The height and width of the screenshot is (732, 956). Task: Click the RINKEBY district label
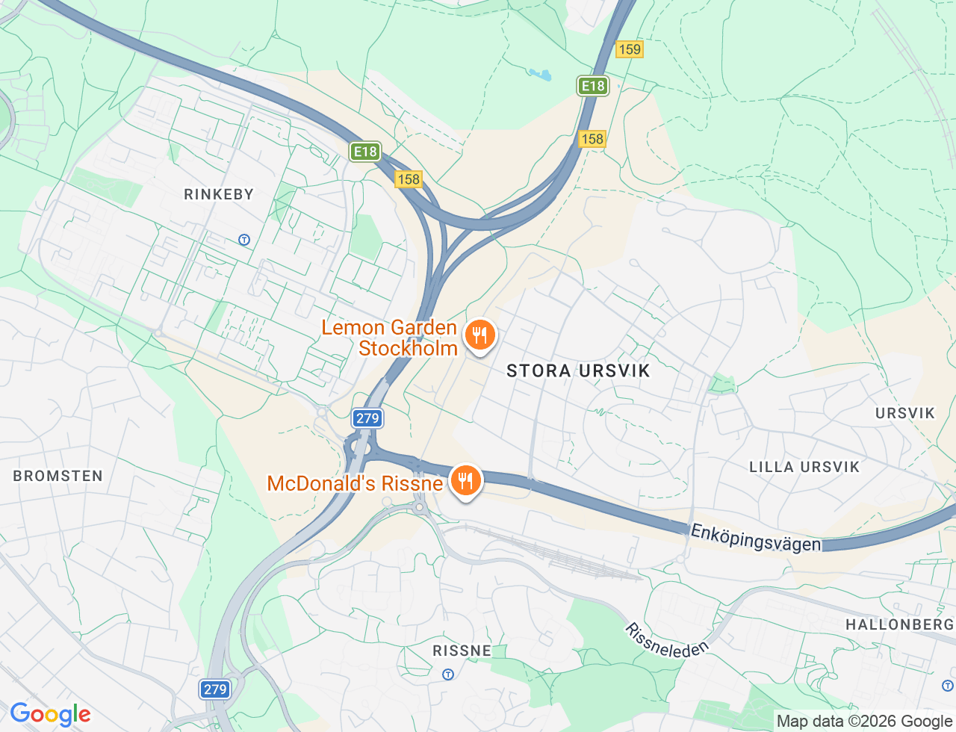[x=219, y=194]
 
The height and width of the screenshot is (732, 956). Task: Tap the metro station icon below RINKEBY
[x=243, y=240]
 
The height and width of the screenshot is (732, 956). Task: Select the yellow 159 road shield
[x=630, y=49]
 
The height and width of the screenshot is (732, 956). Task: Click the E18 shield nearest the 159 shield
[x=593, y=86]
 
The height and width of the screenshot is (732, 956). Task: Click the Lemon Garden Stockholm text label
[x=389, y=338]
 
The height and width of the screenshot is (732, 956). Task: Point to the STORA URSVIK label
[x=578, y=370]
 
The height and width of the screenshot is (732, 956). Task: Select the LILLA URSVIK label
[x=804, y=467]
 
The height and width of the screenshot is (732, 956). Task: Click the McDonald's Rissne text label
[x=355, y=483]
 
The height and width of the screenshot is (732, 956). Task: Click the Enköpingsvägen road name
[x=755, y=537]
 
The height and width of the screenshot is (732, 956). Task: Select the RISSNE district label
[x=462, y=651]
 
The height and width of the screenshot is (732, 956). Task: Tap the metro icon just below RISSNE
[x=448, y=674]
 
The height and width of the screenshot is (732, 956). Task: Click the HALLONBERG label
[x=899, y=624]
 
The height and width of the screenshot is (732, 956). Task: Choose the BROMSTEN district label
[x=58, y=476]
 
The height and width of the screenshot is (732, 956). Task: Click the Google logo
[x=50, y=715]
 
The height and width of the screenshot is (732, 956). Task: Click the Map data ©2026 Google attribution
[x=864, y=722]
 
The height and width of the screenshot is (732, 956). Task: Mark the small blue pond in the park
[x=540, y=74]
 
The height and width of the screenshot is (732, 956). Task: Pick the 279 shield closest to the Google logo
[x=215, y=689]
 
